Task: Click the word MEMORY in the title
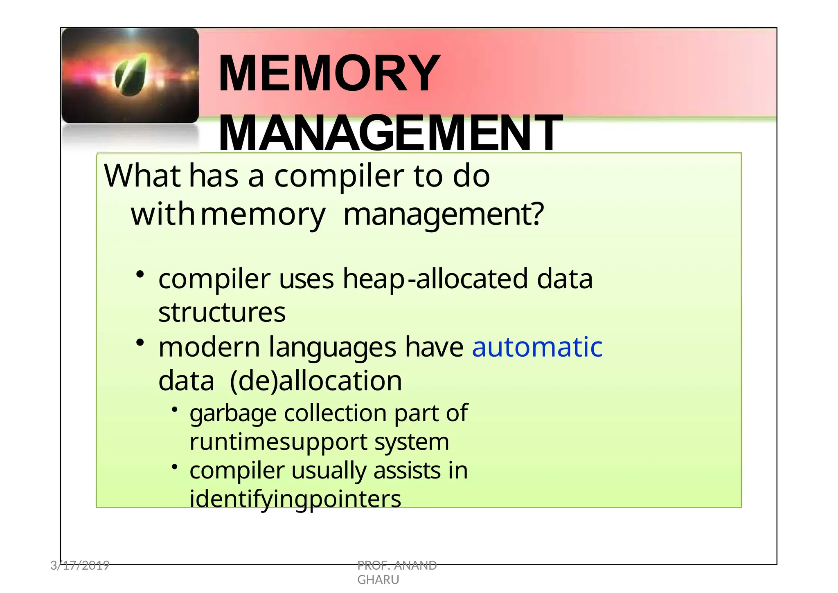point(329,74)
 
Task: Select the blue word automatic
point(537,347)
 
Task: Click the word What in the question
point(142,176)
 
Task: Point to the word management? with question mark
point(444,214)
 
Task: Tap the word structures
point(222,312)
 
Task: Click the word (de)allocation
point(316,381)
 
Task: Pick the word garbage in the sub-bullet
point(233,413)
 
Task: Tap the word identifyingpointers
point(295,499)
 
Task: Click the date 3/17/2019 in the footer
point(80,566)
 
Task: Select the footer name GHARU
point(378,580)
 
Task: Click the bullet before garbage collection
point(175,409)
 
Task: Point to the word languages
point(332,347)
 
